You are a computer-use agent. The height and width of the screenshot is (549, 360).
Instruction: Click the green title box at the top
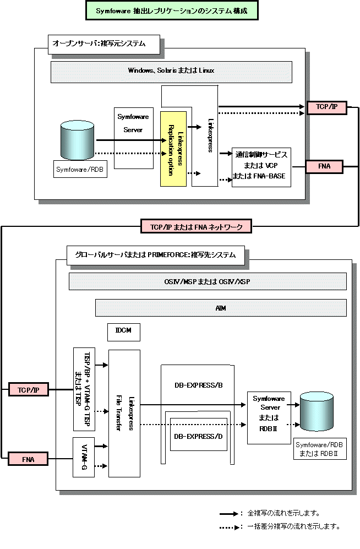pyautogui.click(x=171, y=10)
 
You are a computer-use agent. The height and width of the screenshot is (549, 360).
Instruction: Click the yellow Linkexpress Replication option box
pyautogui.click(x=174, y=149)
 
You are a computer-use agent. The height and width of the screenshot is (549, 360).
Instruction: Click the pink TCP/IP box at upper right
pyautogui.click(x=326, y=107)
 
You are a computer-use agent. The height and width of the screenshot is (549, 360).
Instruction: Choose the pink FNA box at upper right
pyautogui.click(x=324, y=166)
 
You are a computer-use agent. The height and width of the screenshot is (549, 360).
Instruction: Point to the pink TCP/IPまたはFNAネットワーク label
pyautogui.click(x=196, y=226)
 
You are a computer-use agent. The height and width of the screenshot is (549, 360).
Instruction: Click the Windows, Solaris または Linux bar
pyautogui.click(x=171, y=71)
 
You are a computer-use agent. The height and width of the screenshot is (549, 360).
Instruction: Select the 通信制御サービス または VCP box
pyautogui.click(x=260, y=167)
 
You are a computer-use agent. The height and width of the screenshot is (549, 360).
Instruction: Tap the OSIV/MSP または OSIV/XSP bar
pyautogui.click(x=208, y=281)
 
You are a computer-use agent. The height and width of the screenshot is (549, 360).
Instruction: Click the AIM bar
pyautogui.click(x=221, y=308)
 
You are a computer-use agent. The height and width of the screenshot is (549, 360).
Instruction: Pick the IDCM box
pyautogui.click(x=124, y=332)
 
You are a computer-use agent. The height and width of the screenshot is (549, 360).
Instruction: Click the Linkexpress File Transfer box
pyautogui.click(x=124, y=413)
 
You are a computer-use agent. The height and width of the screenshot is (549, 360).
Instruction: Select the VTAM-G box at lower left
pyautogui.click(x=84, y=457)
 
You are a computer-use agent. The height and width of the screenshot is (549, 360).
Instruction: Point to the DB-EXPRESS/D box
pyautogui.click(x=198, y=436)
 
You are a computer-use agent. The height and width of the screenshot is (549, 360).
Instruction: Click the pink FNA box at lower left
pyautogui.click(x=28, y=459)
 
